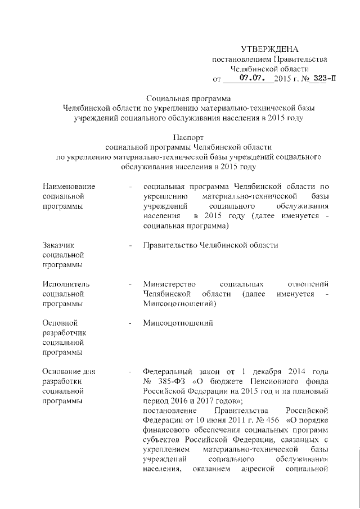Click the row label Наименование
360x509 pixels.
69,186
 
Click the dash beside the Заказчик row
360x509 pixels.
130,245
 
